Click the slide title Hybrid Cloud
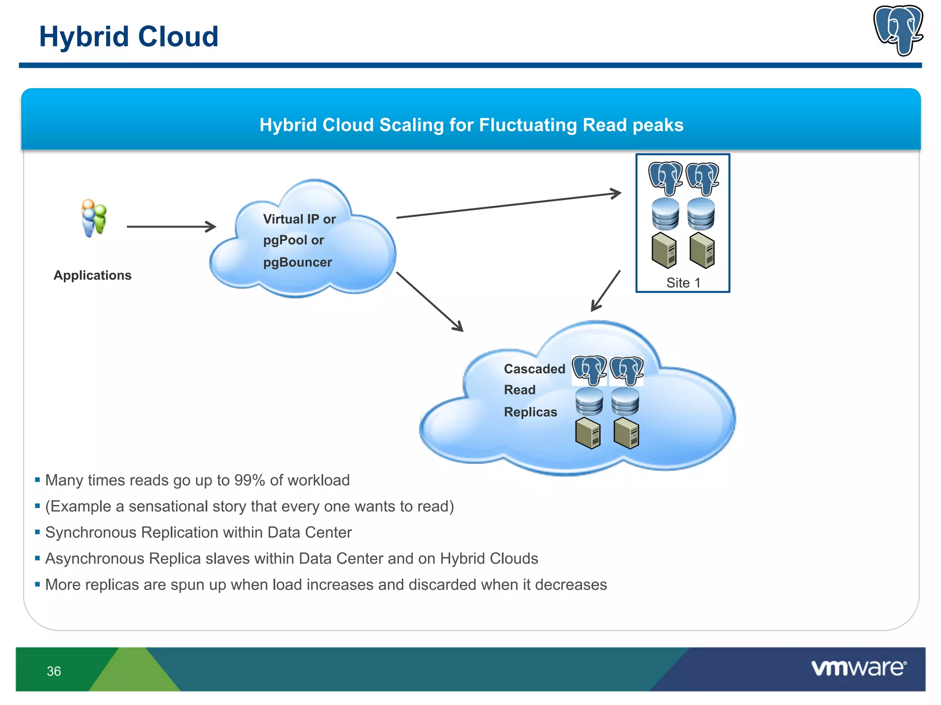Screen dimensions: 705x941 (x=129, y=37)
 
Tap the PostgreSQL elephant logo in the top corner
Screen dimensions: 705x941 (x=898, y=30)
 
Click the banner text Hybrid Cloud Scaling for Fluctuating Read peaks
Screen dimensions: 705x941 (x=471, y=125)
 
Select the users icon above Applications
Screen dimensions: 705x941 (x=94, y=218)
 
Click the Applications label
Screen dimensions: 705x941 (x=92, y=275)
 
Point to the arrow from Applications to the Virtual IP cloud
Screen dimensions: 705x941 (x=171, y=226)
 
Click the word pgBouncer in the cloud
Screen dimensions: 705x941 (x=297, y=263)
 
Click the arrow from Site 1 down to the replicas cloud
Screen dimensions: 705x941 (x=606, y=291)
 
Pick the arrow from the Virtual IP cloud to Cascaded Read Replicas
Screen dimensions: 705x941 (x=430, y=302)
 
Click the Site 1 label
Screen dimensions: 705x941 (x=683, y=283)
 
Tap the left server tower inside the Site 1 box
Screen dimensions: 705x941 (x=664, y=251)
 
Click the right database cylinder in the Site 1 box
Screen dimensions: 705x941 (x=701, y=214)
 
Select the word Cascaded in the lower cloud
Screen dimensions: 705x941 (x=534, y=369)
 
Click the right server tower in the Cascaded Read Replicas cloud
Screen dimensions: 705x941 (x=626, y=433)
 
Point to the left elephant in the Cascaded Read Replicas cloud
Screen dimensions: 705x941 (x=589, y=370)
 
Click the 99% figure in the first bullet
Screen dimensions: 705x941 (x=249, y=480)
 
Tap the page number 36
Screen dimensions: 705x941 (x=54, y=671)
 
